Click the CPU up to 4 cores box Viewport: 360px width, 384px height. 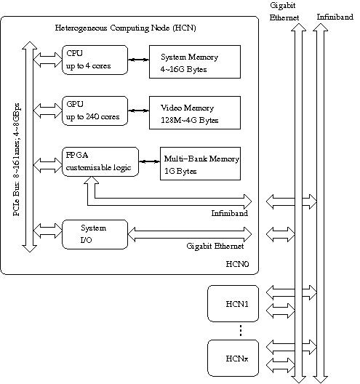point(95,60)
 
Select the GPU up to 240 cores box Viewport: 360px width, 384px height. point(95,111)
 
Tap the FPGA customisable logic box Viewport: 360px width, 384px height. point(100,161)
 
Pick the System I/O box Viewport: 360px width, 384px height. point(95,234)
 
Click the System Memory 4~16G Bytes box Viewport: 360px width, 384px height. point(195,62)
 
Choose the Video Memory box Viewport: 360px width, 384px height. point(195,113)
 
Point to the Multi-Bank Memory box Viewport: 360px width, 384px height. point(200,164)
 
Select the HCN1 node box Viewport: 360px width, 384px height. point(233,303)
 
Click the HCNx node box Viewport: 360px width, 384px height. point(233,358)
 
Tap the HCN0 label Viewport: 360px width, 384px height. point(237,264)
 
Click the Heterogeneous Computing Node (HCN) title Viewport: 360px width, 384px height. point(125,28)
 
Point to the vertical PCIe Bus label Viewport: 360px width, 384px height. point(17,160)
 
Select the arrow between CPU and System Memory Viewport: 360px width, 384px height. point(139,60)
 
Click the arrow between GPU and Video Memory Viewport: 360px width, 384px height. point(139,111)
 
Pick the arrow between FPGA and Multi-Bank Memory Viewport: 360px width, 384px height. point(149,161)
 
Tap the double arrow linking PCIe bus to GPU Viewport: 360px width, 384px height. point(48,111)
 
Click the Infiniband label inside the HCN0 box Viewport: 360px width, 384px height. point(230,213)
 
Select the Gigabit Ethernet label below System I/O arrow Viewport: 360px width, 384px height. point(215,246)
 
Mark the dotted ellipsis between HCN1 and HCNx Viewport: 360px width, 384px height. point(241,331)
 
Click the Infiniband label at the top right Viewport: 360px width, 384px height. point(335,17)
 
